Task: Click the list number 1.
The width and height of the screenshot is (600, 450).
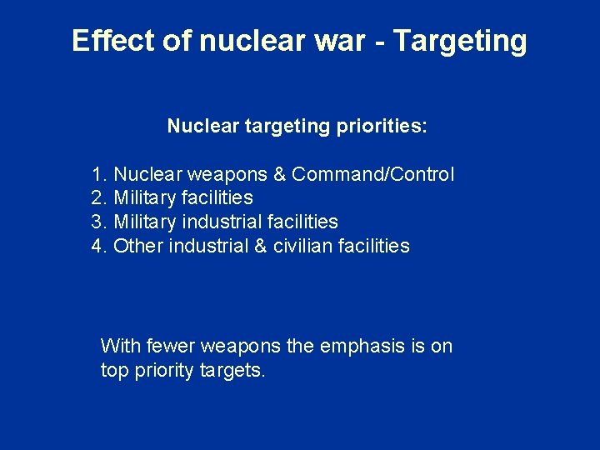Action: coord(99,174)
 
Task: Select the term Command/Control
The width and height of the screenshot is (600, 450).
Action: coord(373,174)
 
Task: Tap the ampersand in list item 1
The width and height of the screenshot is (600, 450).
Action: coord(279,174)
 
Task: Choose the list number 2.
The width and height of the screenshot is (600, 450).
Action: coord(99,198)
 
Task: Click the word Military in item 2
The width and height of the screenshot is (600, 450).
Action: coord(145,198)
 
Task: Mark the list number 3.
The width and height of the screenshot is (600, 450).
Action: coord(99,222)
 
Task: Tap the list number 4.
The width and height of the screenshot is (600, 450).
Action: coord(99,246)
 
